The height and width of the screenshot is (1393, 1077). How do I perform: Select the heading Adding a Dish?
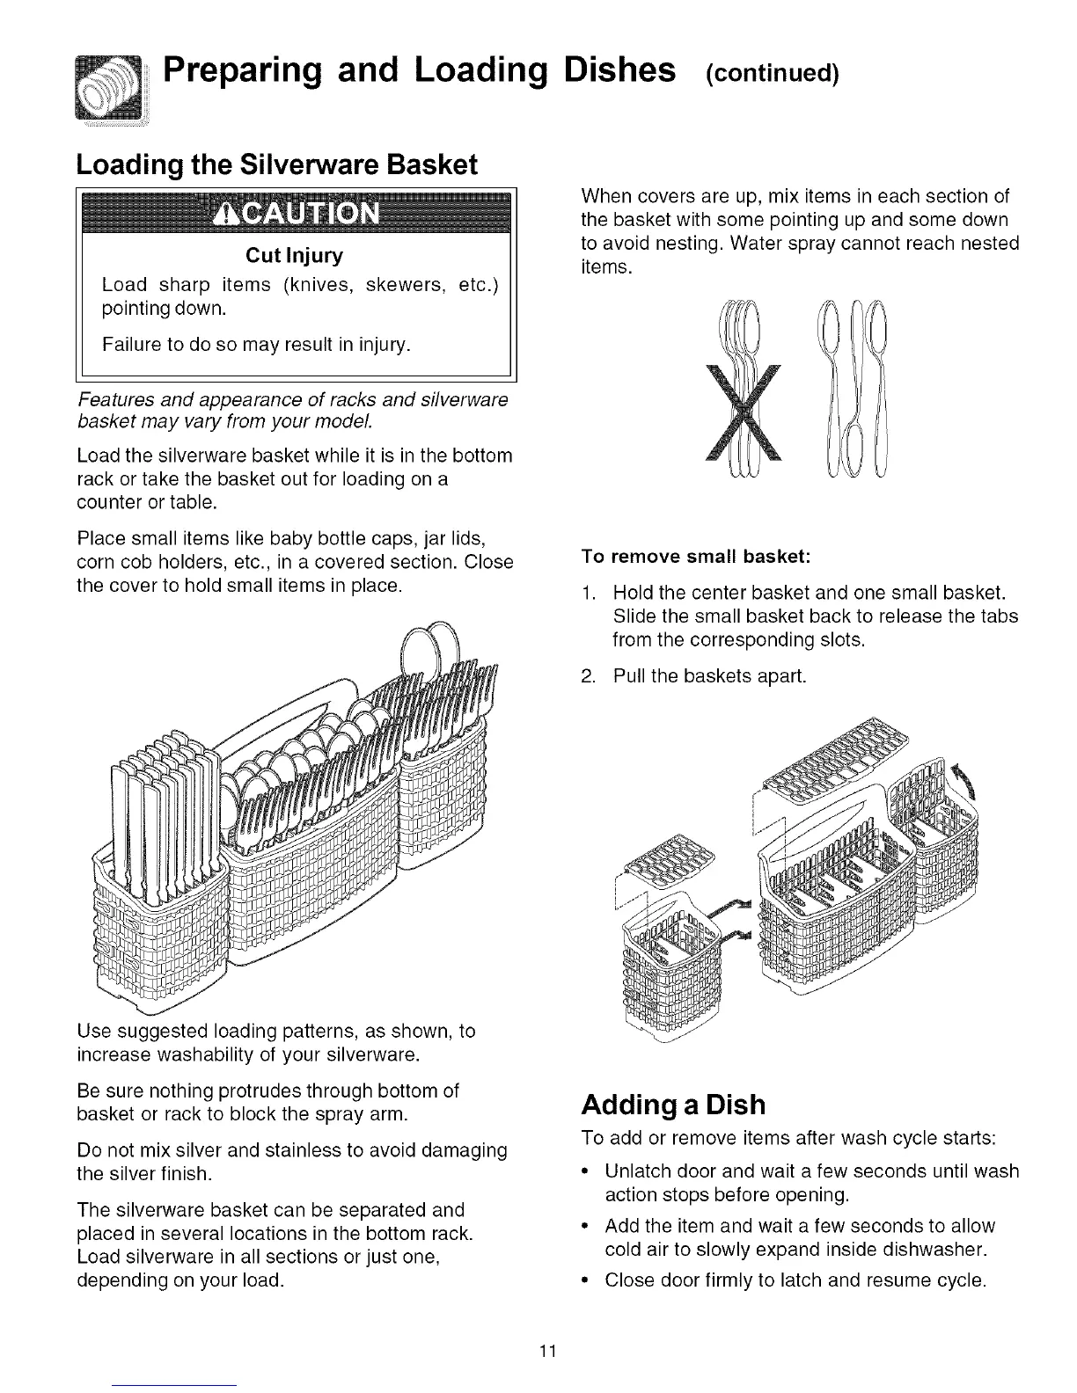pos(673,1105)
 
